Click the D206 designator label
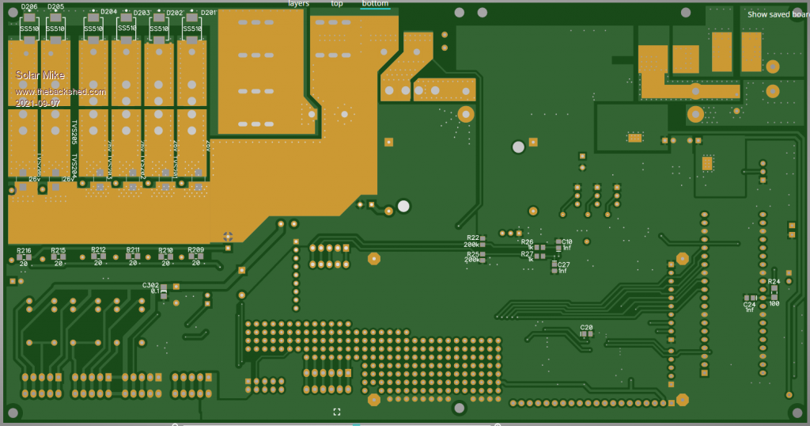29,7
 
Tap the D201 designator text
208,13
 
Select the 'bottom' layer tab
374,4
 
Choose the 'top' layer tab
337,4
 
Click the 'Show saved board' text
778,14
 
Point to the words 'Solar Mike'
40,75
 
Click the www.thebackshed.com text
60,92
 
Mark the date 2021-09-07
37,103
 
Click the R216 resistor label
24,250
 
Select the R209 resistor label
195,250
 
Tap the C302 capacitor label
150,285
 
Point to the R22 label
472,238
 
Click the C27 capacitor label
563,264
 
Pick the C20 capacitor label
586,327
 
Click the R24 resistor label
774,281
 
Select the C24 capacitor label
749,304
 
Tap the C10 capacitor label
566,242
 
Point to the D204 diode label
108,12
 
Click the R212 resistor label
98,250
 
